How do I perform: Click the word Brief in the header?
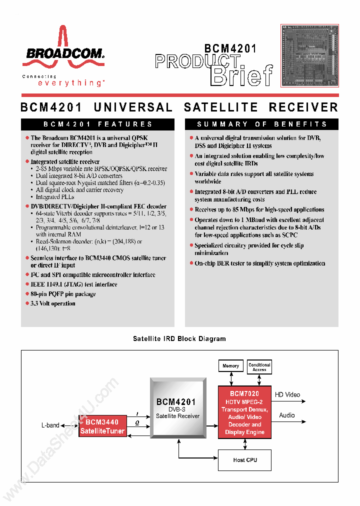[242, 75]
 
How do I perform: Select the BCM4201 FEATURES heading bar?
[97, 124]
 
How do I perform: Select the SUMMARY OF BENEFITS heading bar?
[261, 124]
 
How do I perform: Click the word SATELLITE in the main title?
[221, 107]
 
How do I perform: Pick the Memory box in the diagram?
[230, 366]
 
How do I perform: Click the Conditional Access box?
[259, 367]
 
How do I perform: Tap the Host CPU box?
[245, 460]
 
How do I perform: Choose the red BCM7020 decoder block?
[245, 412]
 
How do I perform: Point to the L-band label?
[50, 425]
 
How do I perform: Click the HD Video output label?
[287, 394]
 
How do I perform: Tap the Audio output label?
[287, 415]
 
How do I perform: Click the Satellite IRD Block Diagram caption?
[179, 338]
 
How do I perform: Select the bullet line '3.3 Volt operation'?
[53, 303]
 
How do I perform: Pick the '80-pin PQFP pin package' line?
[63, 294]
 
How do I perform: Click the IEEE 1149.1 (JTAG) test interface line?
[74, 284]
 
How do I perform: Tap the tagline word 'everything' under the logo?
[70, 83]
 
